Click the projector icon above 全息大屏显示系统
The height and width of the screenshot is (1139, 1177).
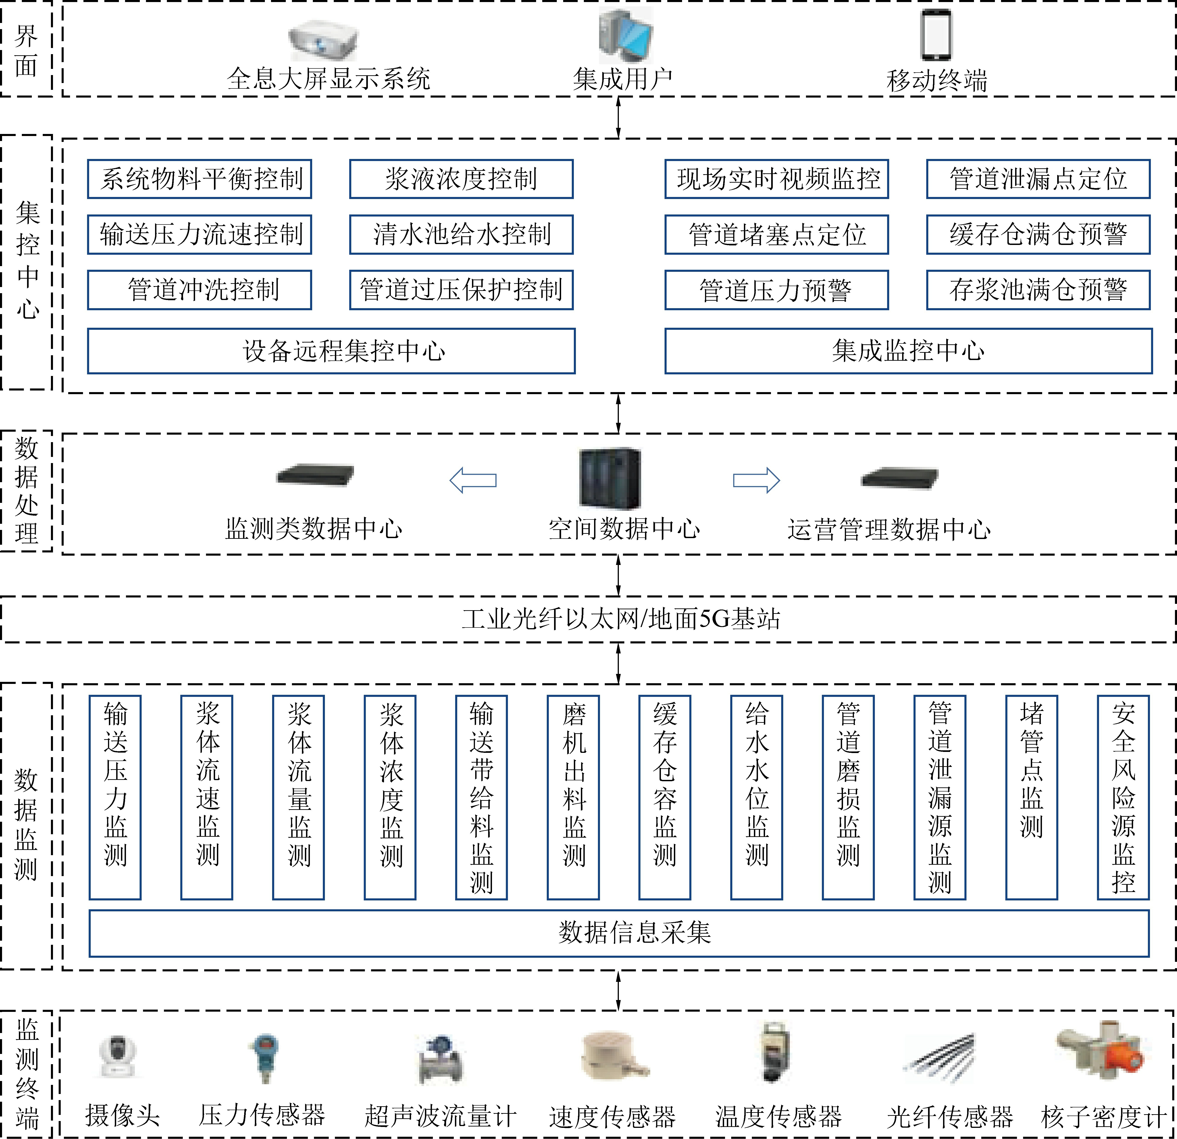[x=323, y=41]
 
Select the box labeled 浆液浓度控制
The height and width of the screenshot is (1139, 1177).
[x=461, y=179]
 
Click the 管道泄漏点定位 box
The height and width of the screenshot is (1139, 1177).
[x=1038, y=179]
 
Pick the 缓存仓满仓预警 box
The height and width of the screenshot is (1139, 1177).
[x=1038, y=234]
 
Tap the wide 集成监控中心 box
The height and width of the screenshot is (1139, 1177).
[x=908, y=351]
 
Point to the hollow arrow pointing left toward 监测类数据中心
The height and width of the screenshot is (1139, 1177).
[x=473, y=480]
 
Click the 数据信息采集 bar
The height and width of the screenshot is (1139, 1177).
[x=619, y=933]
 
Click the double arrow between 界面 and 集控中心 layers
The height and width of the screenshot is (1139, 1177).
[x=619, y=117]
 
